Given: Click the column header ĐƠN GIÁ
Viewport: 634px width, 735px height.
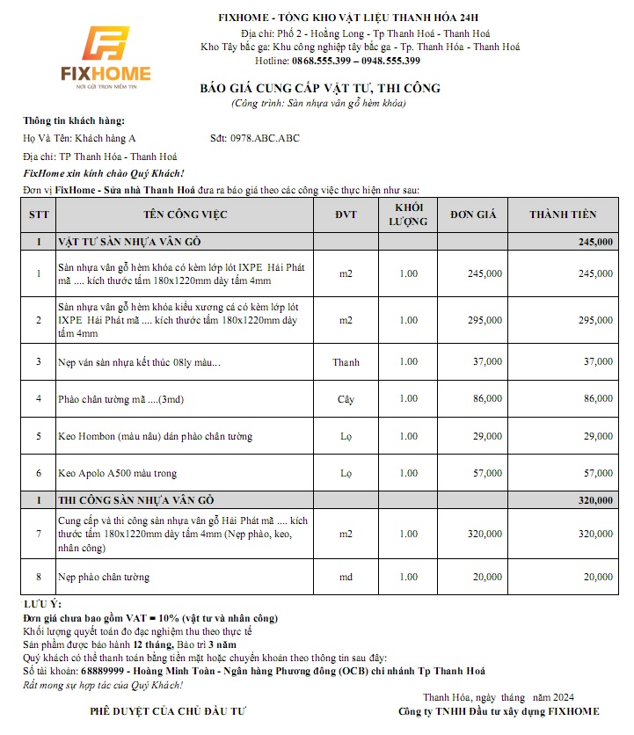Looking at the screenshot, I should pyautogui.click(x=474, y=215).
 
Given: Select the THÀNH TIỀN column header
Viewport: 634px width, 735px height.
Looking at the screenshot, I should pyautogui.click(x=563, y=215).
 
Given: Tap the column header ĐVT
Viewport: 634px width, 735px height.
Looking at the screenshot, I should pyautogui.click(x=346, y=215).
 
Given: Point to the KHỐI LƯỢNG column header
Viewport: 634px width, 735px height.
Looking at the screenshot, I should pyautogui.click(x=408, y=215).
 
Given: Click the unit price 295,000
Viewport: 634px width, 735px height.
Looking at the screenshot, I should pyautogui.click(x=485, y=320).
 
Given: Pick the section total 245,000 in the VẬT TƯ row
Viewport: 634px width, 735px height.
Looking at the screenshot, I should pyautogui.click(x=595, y=241).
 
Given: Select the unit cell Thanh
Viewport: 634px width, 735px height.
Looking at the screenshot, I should pyautogui.click(x=346, y=361).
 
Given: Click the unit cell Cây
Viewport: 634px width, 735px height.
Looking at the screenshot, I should pyautogui.click(x=346, y=399).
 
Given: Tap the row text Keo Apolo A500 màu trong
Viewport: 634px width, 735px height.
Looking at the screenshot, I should pyautogui.click(x=117, y=474).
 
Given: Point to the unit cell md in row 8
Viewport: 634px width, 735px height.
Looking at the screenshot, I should pyautogui.click(x=346, y=577).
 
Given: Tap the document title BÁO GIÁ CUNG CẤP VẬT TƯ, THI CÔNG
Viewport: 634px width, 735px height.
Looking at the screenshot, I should pyautogui.click(x=320, y=89).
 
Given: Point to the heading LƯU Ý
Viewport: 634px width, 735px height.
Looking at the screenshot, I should pyautogui.click(x=42, y=606).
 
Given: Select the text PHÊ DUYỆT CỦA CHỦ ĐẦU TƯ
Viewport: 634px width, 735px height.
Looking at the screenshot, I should pyautogui.click(x=170, y=710).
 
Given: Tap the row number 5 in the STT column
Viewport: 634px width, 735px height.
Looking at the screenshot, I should pyautogui.click(x=39, y=436).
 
